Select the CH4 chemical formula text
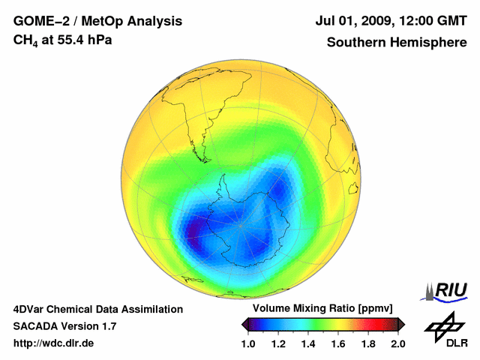pyautogui.click(x=26, y=40)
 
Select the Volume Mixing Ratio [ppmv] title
pyautogui.click(x=318, y=308)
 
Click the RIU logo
pyautogui.click(x=447, y=289)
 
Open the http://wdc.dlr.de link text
pyautogui.click(x=54, y=343)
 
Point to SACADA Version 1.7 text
pyautogui.click(x=64, y=325)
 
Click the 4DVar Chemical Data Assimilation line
pyautogui.click(x=98, y=308)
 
